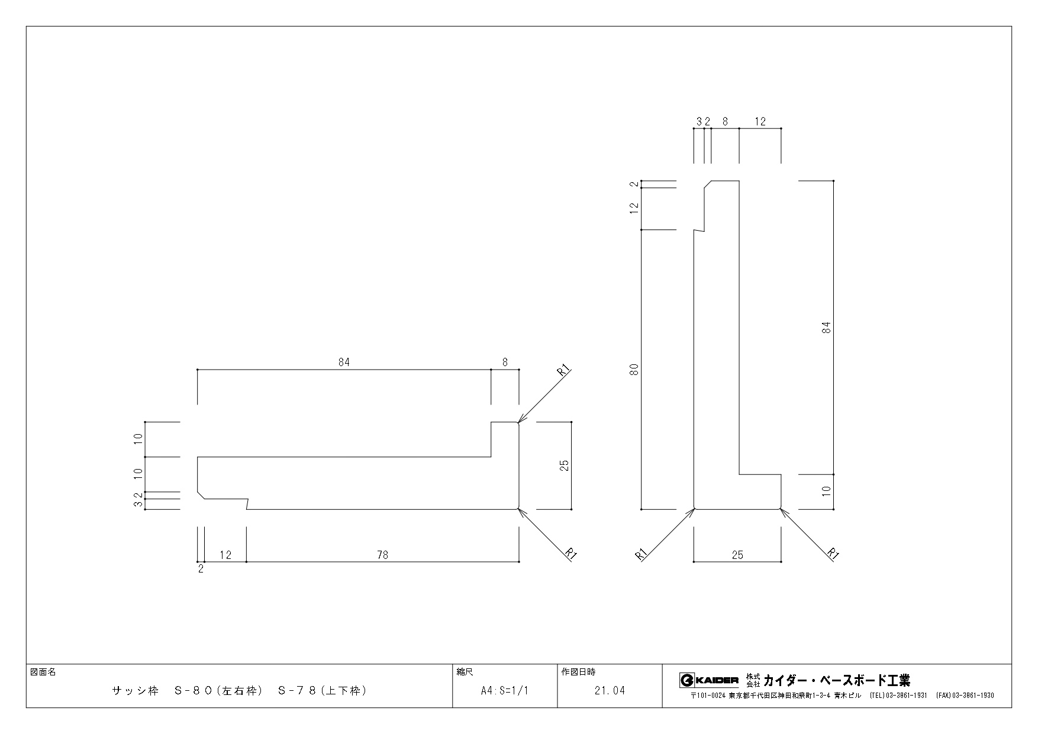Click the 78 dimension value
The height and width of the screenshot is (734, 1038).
[x=383, y=555]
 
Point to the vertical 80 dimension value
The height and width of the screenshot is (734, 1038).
[x=634, y=370]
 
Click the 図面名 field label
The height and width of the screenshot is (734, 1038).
[x=43, y=672]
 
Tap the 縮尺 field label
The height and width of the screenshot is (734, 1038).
[x=465, y=672]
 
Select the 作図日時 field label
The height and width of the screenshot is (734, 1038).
[x=578, y=672]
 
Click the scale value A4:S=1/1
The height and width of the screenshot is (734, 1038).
[x=505, y=691]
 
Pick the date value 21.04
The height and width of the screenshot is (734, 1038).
[x=610, y=691]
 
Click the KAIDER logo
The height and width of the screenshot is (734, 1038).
[x=709, y=680]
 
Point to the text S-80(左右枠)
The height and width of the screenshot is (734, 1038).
[x=218, y=690]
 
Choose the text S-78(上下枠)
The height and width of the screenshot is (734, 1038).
[x=323, y=690]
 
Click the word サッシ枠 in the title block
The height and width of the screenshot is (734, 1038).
[x=136, y=690]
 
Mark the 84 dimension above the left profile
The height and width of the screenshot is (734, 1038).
[x=344, y=363]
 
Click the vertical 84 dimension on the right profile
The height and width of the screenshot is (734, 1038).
[x=827, y=327]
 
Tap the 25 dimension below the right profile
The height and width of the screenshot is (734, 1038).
[x=737, y=555]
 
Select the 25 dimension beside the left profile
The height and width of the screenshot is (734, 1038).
[x=564, y=465]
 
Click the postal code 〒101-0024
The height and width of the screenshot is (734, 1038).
[x=708, y=696]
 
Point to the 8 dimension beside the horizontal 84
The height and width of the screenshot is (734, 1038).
[x=505, y=363]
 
